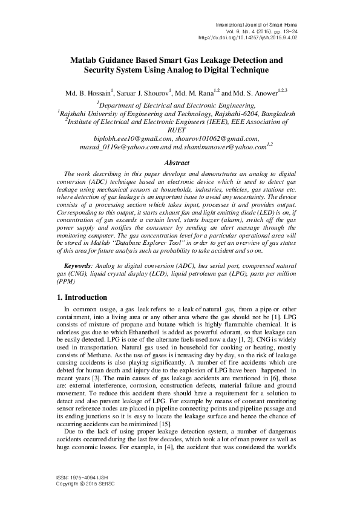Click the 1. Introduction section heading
(x=82, y=297)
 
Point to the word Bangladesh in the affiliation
(x=278, y=112)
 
